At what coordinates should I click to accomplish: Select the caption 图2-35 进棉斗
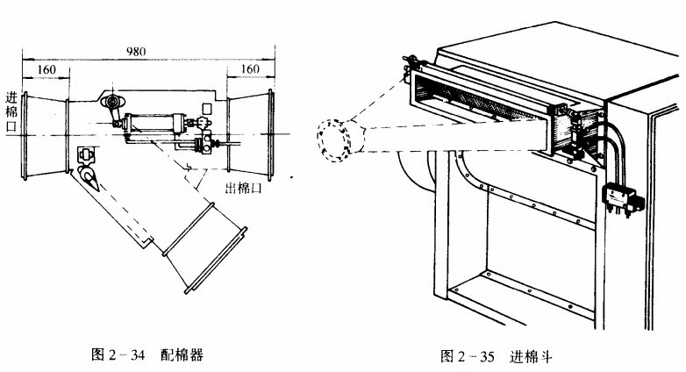495,356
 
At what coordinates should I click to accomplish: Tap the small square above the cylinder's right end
206,109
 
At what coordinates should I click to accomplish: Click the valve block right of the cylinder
208,140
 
